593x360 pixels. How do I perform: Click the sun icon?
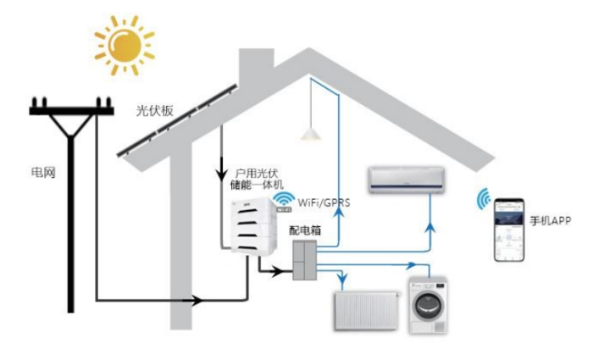click(x=124, y=46)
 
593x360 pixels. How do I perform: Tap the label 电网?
click(x=43, y=173)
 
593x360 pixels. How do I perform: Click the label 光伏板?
click(x=155, y=110)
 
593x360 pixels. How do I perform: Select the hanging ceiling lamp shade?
click(x=311, y=134)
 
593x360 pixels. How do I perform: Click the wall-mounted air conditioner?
click(x=407, y=180)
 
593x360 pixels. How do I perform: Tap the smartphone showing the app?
click(x=509, y=230)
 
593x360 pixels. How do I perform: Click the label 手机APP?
click(x=550, y=220)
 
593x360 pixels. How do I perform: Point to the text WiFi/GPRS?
click(x=324, y=202)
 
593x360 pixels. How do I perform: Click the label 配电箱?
click(x=305, y=230)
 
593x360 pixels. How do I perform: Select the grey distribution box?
click(x=304, y=260)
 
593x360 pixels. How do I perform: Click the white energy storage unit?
click(x=253, y=226)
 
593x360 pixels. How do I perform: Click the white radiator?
click(x=366, y=311)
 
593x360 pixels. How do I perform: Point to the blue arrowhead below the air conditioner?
click(x=430, y=228)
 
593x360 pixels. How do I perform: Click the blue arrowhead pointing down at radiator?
click(x=342, y=280)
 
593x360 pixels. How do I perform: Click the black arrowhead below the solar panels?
click(x=222, y=174)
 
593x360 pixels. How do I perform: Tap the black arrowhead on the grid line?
click(x=197, y=301)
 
